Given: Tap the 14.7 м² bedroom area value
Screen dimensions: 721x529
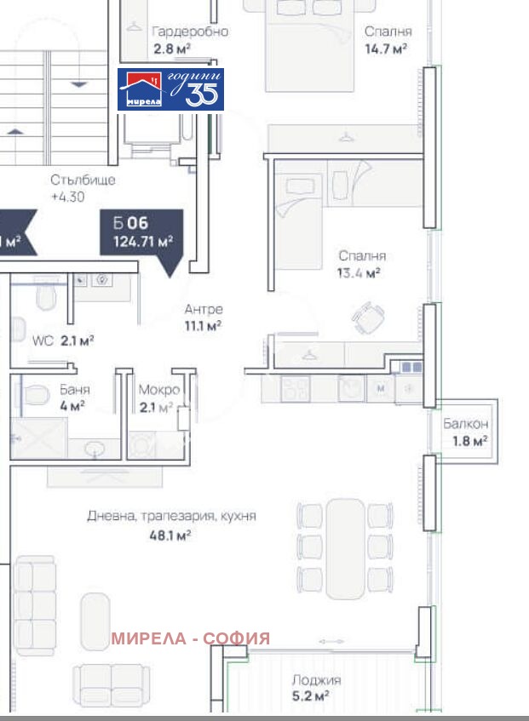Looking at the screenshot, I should (x=386, y=48).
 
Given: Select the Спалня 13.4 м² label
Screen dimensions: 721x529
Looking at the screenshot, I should (x=361, y=264).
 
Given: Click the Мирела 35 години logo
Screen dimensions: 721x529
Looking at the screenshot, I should (x=170, y=89).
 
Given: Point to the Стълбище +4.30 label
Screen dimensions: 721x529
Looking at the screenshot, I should (x=83, y=187).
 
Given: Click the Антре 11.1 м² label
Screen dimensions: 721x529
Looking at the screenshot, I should (x=203, y=317).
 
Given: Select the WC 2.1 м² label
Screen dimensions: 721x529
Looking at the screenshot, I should (x=62, y=340).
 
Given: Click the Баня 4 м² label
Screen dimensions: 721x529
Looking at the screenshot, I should (x=75, y=397).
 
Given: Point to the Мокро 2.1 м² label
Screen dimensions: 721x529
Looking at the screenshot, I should (x=158, y=397).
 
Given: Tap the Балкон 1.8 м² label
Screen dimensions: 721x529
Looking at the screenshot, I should (x=466, y=432).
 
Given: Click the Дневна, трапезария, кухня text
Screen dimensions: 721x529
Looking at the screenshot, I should (x=171, y=516).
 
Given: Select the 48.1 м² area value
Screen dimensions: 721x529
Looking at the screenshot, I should (x=173, y=535).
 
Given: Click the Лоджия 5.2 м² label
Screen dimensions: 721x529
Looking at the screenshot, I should (x=316, y=688).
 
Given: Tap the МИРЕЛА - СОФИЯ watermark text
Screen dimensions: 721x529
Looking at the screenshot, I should (x=191, y=638).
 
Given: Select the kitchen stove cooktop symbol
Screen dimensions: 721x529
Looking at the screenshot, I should (x=295, y=388).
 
